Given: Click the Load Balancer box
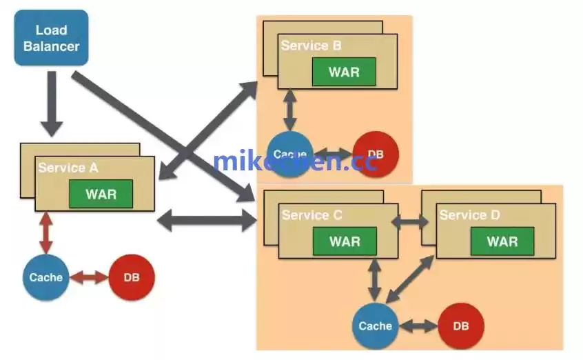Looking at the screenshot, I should [x=51, y=38].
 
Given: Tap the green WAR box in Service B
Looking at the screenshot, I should [x=344, y=72].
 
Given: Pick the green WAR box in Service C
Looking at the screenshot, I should [x=345, y=241].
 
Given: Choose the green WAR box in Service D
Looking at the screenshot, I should [x=502, y=241].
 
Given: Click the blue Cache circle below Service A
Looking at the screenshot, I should [x=45, y=278].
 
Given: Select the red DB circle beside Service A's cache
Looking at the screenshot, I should [x=132, y=278].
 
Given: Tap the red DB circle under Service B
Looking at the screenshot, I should [x=376, y=154].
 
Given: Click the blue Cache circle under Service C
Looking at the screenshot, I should [x=376, y=326].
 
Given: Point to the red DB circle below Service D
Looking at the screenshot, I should [x=461, y=326].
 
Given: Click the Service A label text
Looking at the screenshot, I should [x=68, y=168].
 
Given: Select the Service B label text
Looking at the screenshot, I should [x=311, y=46].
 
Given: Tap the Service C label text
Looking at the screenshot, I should [x=312, y=216].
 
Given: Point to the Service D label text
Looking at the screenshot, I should [x=470, y=216].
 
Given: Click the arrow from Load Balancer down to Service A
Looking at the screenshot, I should [x=52, y=103].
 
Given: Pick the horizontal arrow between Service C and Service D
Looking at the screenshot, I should [x=410, y=222].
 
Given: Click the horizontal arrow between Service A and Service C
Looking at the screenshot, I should [x=207, y=221].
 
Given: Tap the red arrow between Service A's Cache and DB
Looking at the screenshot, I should [x=89, y=278].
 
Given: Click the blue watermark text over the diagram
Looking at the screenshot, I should [x=295, y=161].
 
